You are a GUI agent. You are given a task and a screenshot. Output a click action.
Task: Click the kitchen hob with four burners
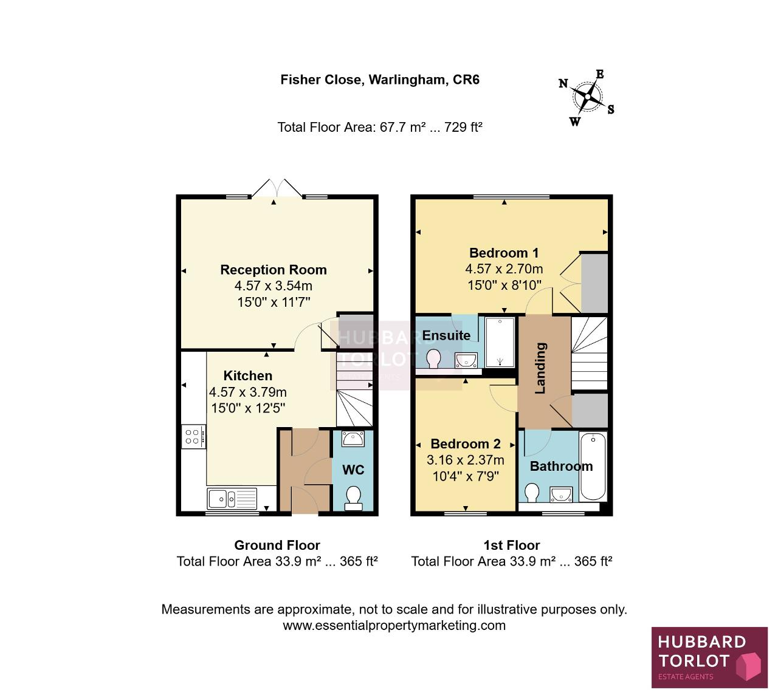click(x=193, y=436)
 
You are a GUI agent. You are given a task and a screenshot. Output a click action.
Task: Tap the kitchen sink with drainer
click(x=232, y=498)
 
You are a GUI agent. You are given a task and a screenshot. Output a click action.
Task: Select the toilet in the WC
click(x=353, y=498)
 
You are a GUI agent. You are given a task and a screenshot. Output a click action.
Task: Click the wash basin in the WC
click(x=353, y=439)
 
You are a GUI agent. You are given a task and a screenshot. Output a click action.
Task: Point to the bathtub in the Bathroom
click(x=593, y=467)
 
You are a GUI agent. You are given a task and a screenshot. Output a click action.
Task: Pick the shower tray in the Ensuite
click(x=500, y=342)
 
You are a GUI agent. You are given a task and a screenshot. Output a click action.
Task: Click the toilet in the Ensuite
click(x=433, y=358)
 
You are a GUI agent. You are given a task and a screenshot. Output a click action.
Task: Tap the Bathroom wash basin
click(x=561, y=494)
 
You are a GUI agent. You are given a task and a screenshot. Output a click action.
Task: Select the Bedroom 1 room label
click(x=504, y=253)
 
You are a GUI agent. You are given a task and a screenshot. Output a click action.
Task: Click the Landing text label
click(x=540, y=368)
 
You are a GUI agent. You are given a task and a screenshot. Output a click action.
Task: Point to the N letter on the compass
click(x=563, y=83)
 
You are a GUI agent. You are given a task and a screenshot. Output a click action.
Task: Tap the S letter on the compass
click(x=611, y=109)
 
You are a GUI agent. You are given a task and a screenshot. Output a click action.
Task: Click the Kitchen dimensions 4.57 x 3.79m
click(x=248, y=392)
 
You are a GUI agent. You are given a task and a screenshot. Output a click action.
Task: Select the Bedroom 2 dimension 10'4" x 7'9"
click(x=466, y=476)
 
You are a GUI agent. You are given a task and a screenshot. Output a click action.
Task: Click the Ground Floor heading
click(x=277, y=545)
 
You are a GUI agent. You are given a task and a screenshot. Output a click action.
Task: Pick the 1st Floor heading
click(x=512, y=545)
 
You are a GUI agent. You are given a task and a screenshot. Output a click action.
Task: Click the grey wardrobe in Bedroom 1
click(x=594, y=283)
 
